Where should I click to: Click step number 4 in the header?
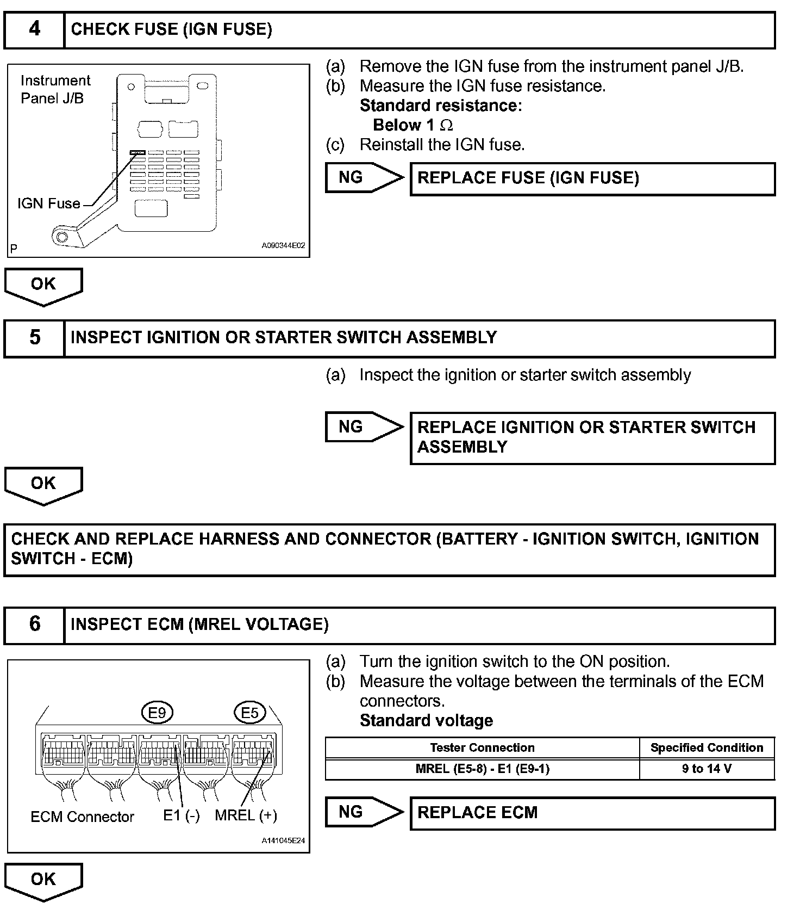click(x=34, y=29)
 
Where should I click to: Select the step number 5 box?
click(x=34, y=338)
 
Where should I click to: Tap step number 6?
click(x=34, y=625)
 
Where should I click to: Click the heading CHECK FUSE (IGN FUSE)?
click(x=172, y=29)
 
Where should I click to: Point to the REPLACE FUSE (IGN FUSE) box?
click(x=592, y=178)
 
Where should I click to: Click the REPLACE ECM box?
click(x=592, y=813)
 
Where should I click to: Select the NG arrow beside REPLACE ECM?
click(x=363, y=812)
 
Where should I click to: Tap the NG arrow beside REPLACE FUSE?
click(x=363, y=177)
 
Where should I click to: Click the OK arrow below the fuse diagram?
click(x=43, y=285)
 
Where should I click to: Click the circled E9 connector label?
click(x=157, y=712)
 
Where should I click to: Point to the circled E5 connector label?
click(x=249, y=712)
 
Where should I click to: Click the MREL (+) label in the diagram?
click(x=246, y=815)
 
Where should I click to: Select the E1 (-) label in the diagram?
click(x=182, y=815)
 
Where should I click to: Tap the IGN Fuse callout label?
click(x=49, y=203)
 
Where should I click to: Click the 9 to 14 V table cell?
click(x=707, y=769)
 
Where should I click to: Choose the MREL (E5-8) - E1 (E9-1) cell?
click(x=482, y=769)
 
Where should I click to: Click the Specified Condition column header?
click(x=707, y=747)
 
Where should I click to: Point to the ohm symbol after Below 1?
click(x=446, y=126)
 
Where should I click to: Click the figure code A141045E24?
click(x=283, y=840)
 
